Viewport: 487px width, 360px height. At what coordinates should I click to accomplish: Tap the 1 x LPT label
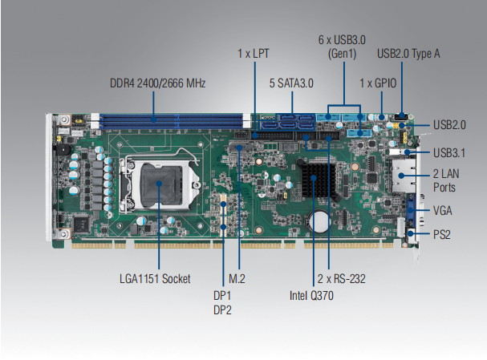254,54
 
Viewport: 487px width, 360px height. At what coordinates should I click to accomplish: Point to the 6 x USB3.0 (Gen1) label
343,47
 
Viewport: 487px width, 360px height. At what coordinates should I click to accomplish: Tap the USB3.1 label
448,153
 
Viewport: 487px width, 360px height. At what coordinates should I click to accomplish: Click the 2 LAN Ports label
445,181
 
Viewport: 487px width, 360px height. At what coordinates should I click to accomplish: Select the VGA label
443,211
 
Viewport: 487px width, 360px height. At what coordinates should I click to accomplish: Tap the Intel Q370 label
312,295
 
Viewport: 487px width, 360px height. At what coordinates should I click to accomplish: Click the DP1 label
222,294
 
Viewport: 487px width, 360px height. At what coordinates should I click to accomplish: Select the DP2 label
222,309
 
